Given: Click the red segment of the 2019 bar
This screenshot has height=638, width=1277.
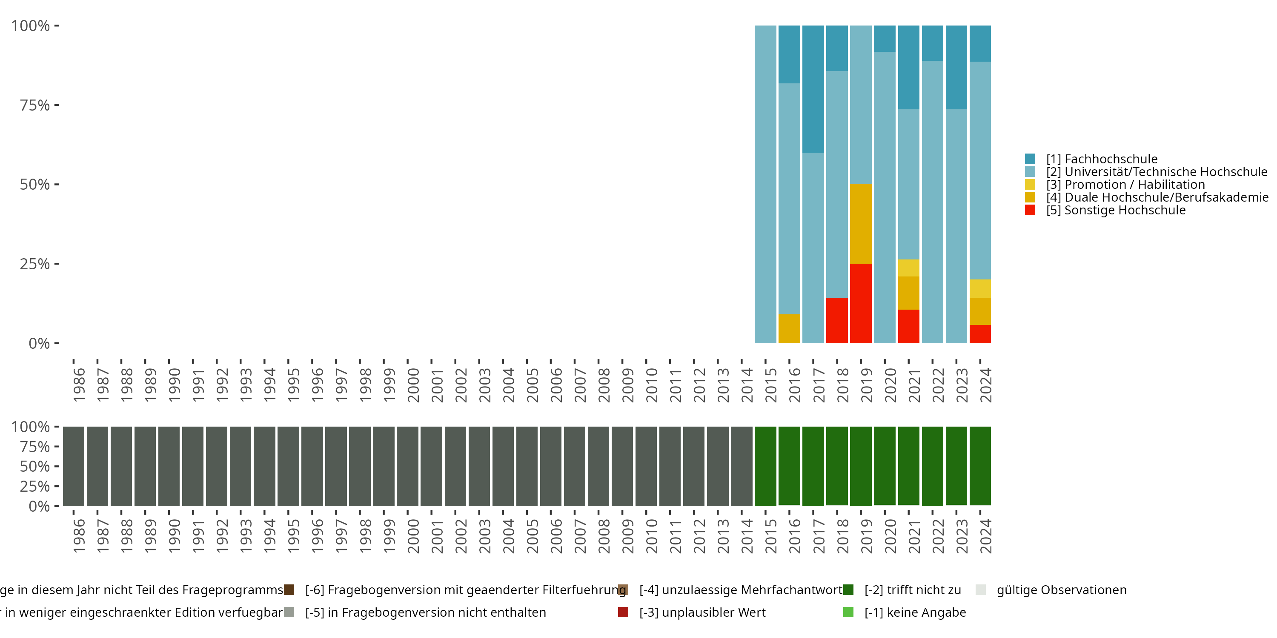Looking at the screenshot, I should pyautogui.click(x=861, y=303).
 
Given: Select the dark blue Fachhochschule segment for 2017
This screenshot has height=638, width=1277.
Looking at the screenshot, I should pyautogui.click(x=813, y=89).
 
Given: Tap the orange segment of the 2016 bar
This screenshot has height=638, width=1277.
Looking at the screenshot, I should pyautogui.click(x=789, y=328).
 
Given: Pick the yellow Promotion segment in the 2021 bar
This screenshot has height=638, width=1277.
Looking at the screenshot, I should pyautogui.click(x=909, y=268).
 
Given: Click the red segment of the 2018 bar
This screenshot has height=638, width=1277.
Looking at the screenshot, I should pyautogui.click(x=837, y=320).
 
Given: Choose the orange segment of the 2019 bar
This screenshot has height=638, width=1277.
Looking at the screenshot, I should pyautogui.click(x=861, y=224).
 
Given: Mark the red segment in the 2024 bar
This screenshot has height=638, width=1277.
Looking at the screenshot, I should pyautogui.click(x=980, y=334).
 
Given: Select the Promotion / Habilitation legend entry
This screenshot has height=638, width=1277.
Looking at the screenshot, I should pyautogui.click(x=1125, y=185).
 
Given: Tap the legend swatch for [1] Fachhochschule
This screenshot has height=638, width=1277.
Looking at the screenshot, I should pyautogui.click(x=1030, y=159).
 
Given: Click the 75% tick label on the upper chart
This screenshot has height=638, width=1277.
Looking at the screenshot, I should pyautogui.click(x=35, y=105).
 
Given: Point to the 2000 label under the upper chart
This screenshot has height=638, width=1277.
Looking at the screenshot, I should pyautogui.click(x=413, y=385).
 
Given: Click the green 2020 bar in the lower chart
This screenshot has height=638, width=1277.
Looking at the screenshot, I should pyautogui.click(x=885, y=466).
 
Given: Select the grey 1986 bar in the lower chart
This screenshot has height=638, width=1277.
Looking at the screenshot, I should pyautogui.click(x=73, y=466).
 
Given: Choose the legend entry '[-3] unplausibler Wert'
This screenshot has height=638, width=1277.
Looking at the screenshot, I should pyautogui.click(x=702, y=612).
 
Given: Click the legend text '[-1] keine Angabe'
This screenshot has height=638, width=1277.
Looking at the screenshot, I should pyautogui.click(x=915, y=612).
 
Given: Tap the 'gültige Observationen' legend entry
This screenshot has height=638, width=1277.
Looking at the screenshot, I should pyautogui.click(x=1061, y=590).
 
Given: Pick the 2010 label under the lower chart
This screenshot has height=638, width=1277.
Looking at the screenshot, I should pyautogui.click(x=651, y=536).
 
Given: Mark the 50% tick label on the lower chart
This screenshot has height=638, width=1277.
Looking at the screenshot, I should pyautogui.click(x=35, y=466).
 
